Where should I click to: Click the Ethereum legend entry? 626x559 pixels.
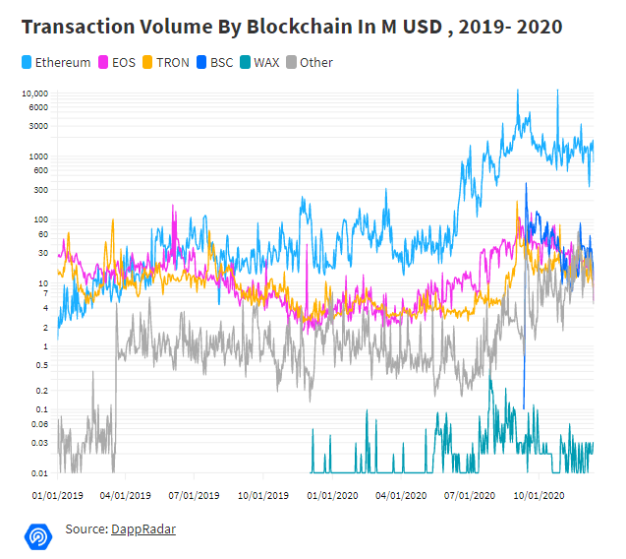click(x=62, y=63)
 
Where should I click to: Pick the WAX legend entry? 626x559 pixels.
click(x=265, y=63)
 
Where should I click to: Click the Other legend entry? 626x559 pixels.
click(x=316, y=63)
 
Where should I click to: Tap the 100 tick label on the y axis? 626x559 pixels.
click(x=39, y=219)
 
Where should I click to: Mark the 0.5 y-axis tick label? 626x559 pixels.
click(x=39, y=365)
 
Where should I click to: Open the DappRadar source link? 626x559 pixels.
click(x=143, y=529)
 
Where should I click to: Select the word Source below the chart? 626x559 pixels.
click(x=85, y=529)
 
